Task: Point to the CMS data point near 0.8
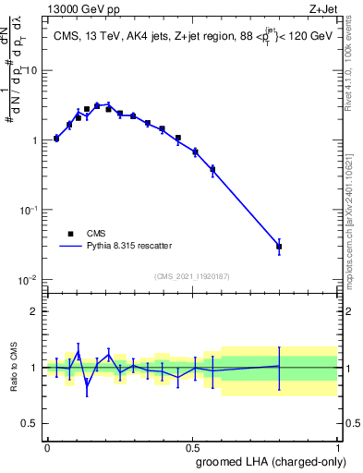(279, 247)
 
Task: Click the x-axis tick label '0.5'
(192, 447)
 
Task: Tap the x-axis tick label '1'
(338, 447)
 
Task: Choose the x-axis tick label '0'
(47, 447)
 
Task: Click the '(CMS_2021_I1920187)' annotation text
(192, 275)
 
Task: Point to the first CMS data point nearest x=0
(56, 139)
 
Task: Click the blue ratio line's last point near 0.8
(279, 366)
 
